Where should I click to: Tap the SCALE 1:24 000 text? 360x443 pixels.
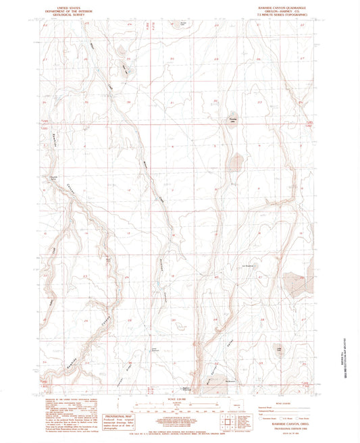179,400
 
